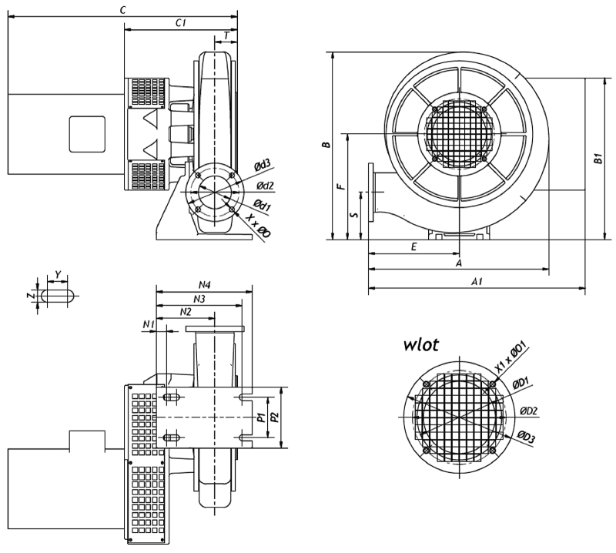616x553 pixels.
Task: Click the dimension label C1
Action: click(x=182, y=23)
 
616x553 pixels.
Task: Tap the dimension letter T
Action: click(x=226, y=35)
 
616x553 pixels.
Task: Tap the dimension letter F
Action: click(x=340, y=186)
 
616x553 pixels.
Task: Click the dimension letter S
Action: click(x=353, y=215)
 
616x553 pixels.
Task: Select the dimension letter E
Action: click(x=413, y=247)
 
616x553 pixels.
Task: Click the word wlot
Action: click(x=423, y=344)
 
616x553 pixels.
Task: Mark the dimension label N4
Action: click(x=205, y=284)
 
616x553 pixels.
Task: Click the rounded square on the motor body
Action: click(x=86, y=132)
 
